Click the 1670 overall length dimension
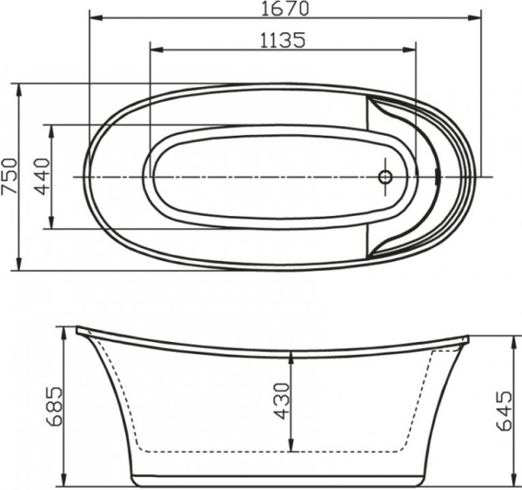(285, 9)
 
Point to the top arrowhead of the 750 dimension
(20, 87)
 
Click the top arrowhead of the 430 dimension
(292, 354)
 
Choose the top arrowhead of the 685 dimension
(64, 331)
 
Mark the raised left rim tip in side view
(78, 330)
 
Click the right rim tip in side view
(466, 339)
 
